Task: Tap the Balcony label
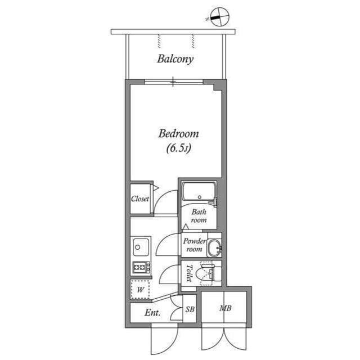(175, 58)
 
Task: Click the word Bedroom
(178, 134)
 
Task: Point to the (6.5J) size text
(179, 149)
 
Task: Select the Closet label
(140, 199)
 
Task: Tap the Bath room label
(199, 216)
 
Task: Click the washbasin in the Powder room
(214, 247)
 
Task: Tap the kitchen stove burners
(141, 267)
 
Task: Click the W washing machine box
(141, 289)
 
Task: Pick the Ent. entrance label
(152, 313)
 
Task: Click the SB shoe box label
(190, 310)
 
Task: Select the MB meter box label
(226, 309)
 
